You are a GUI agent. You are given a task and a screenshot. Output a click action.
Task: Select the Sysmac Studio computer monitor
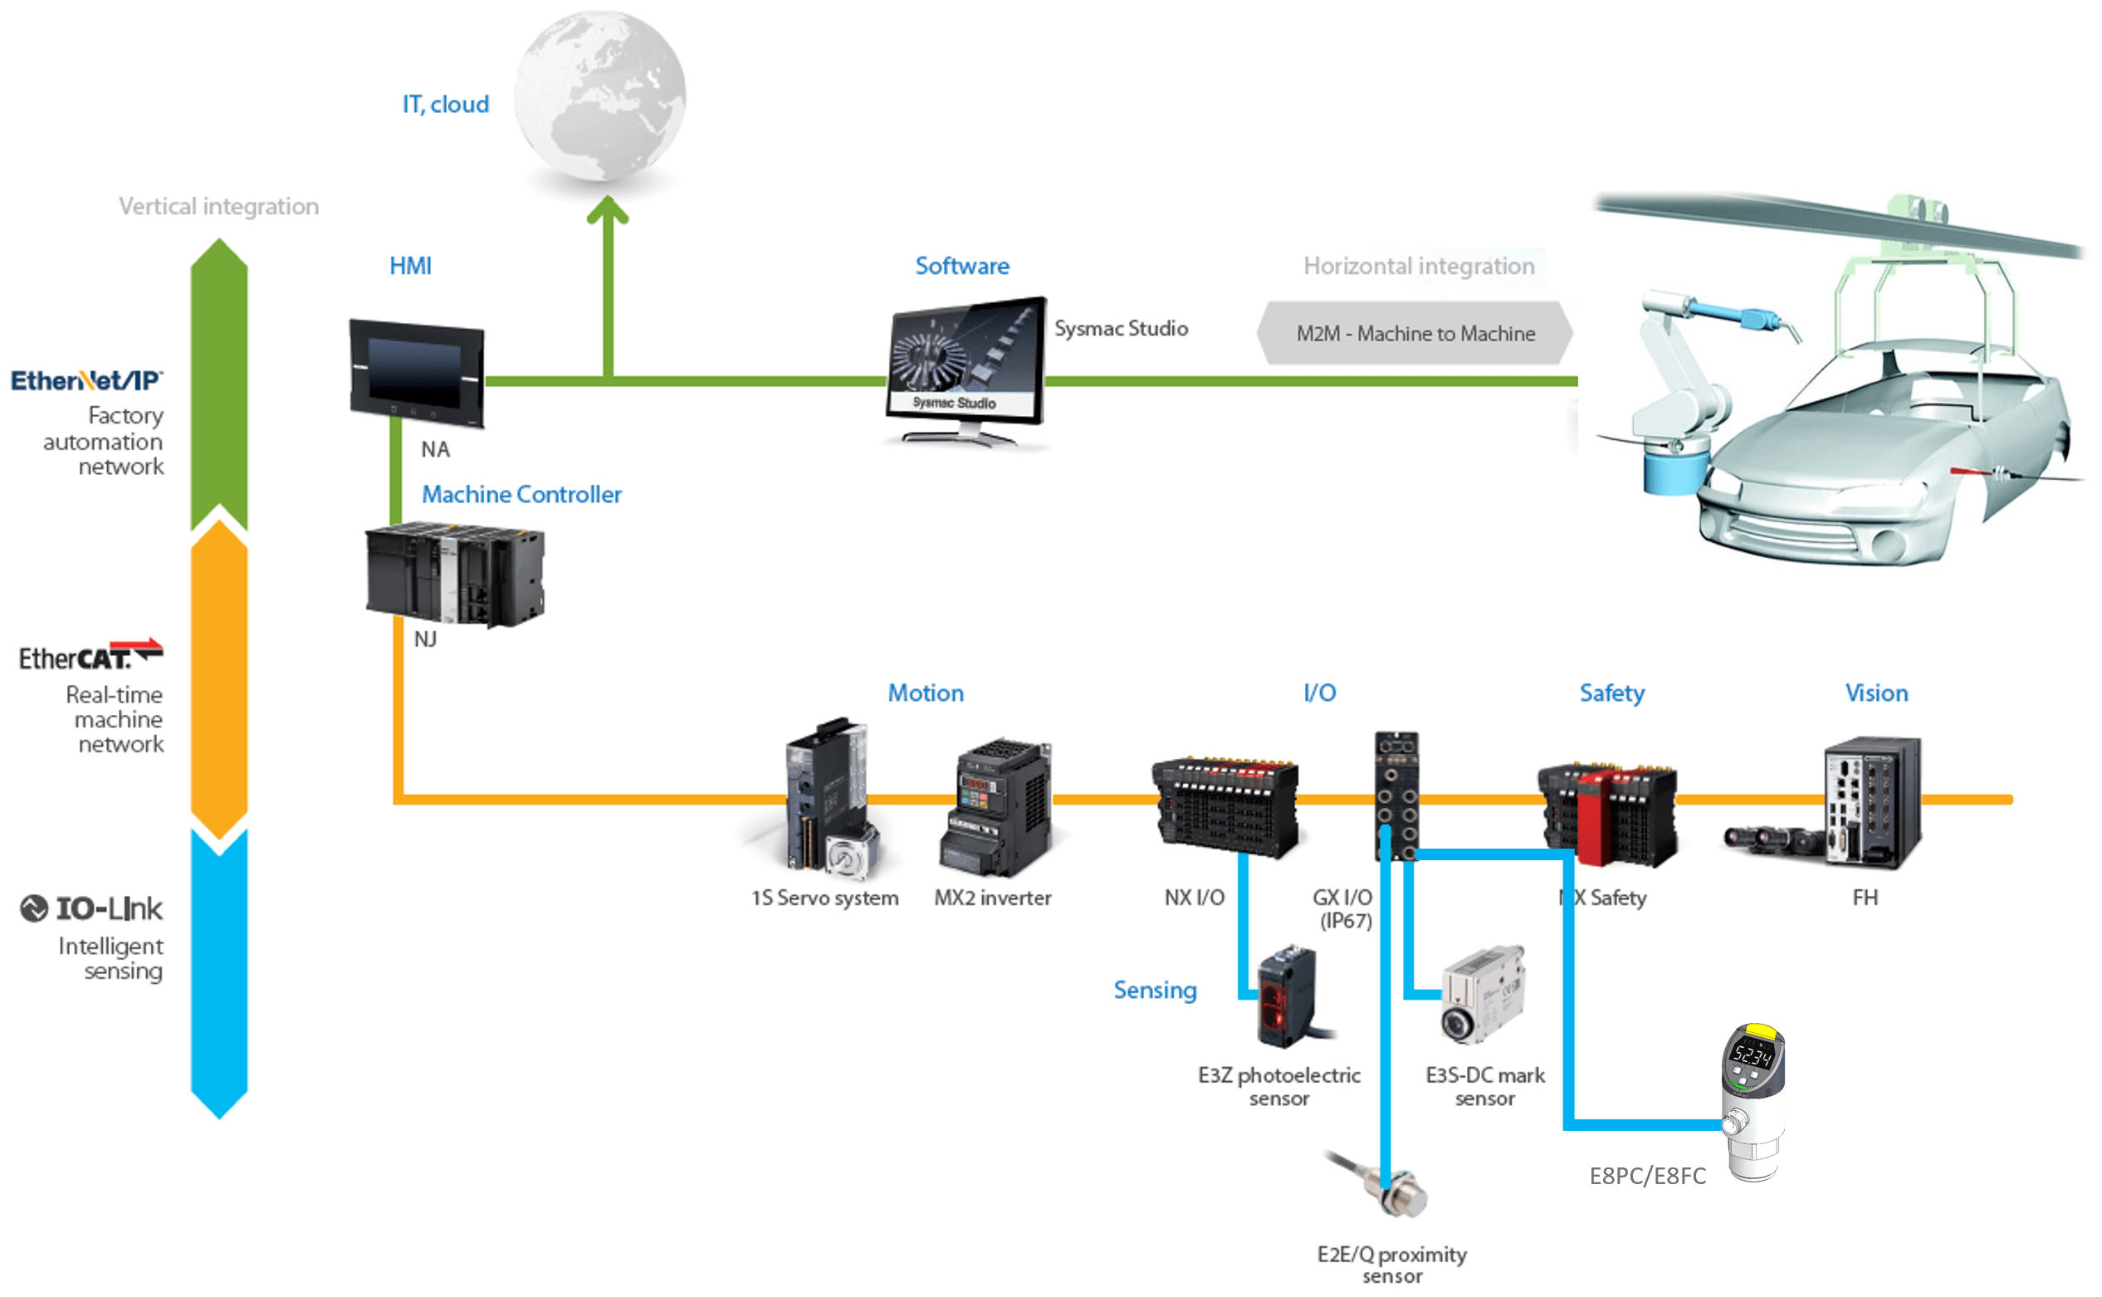(x=965, y=365)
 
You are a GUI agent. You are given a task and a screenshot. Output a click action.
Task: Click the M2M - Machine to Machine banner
(x=1415, y=333)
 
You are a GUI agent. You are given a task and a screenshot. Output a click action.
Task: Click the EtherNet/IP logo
(x=86, y=380)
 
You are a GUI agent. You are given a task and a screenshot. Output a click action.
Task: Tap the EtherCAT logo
(x=90, y=655)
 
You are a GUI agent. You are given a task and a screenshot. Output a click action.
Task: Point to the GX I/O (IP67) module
(x=1396, y=795)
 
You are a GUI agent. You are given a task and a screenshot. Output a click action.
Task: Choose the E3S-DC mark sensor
(x=1482, y=995)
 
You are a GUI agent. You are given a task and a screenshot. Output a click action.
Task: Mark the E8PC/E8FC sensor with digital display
(x=1753, y=1102)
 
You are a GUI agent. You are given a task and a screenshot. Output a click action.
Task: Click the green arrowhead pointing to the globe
(x=607, y=209)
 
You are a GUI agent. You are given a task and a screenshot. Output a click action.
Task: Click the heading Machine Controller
(x=521, y=494)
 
